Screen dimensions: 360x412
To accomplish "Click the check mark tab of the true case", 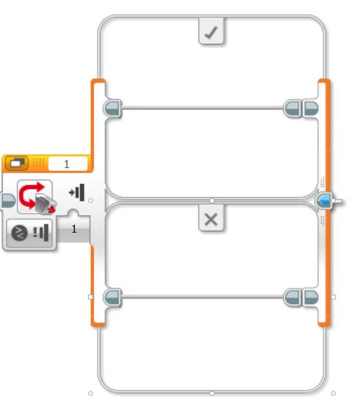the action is pyautogui.click(x=212, y=31).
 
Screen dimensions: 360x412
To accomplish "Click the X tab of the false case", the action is pyautogui.click(x=212, y=218).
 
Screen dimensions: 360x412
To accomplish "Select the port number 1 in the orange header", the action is pyautogui.click(x=67, y=164).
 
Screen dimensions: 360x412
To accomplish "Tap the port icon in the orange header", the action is pyautogui.click(x=16, y=163).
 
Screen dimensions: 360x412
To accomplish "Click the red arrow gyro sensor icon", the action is pyautogui.click(x=36, y=197).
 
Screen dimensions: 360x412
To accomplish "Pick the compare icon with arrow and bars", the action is pyautogui.click(x=77, y=192).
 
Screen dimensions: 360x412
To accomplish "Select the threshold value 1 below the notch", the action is pyautogui.click(x=74, y=229).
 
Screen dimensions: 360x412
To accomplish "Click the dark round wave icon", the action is pyautogui.click(x=19, y=233).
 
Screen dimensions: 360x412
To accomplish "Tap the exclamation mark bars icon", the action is pyautogui.click(x=41, y=233).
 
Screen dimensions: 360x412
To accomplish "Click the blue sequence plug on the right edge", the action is pyautogui.click(x=325, y=201).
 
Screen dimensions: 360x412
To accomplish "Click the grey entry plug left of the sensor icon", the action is pyautogui.click(x=8, y=201).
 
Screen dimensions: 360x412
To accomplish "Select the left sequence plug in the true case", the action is pyautogui.click(x=113, y=108).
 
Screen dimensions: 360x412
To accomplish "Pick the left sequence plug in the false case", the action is pyautogui.click(x=113, y=297).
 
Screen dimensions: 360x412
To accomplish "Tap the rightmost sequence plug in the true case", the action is pyautogui.click(x=311, y=108).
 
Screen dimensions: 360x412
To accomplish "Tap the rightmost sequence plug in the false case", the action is pyautogui.click(x=311, y=297).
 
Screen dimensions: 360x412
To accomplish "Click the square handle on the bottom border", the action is pyautogui.click(x=212, y=393).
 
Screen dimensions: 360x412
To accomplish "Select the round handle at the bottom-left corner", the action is pyautogui.click(x=91, y=393).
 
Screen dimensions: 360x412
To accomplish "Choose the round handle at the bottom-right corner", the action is pyautogui.click(x=333, y=393).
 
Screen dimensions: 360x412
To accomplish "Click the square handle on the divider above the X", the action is pyautogui.click(x=212, y=201).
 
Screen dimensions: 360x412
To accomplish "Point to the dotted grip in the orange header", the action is pyautogui.click(x=38, y=163).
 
